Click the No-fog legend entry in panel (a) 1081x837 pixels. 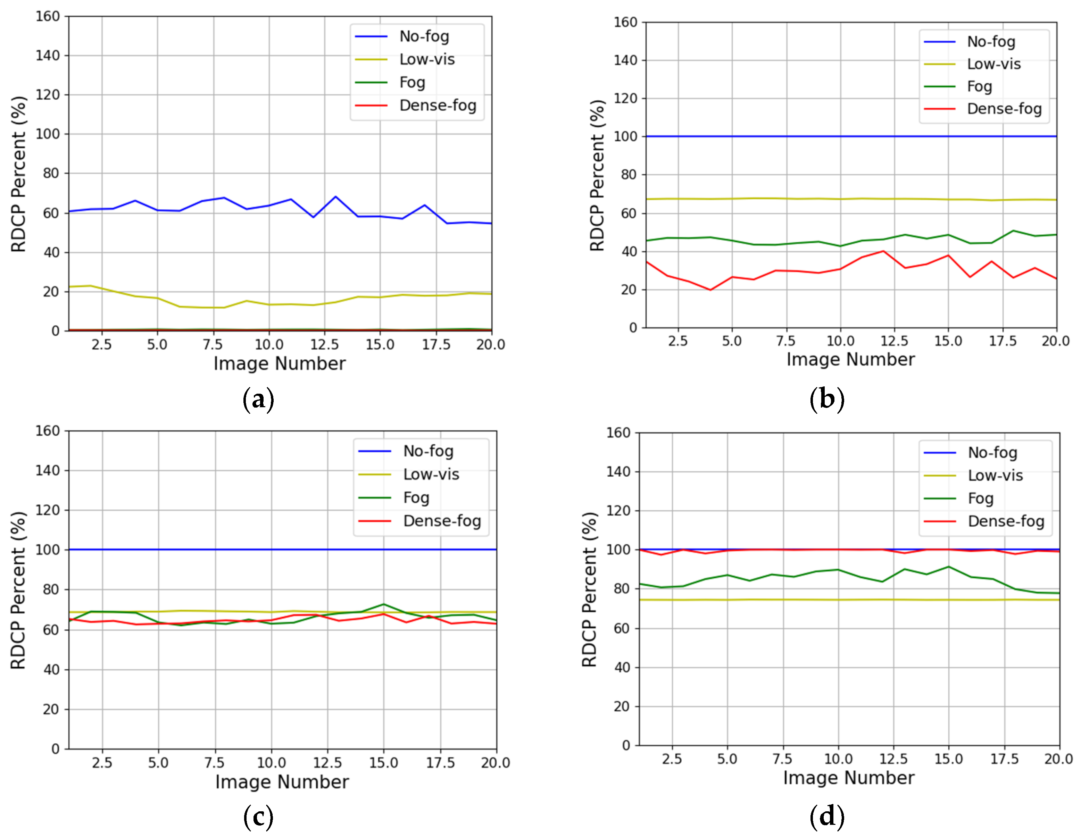click(x=424, y=36)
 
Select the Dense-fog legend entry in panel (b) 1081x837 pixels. click(x=1004, y=108)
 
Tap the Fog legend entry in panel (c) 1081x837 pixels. click(x=416, y=497)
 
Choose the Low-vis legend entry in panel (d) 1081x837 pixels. click(x=995, y=475)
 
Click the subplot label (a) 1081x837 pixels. click(x=258, y=399)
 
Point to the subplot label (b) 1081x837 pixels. click(x=826, y=399)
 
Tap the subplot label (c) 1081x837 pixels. click(x=258, y=817)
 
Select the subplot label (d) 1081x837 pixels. click(x=826, y=817)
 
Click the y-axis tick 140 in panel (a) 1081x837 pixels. click(x=48, y=56)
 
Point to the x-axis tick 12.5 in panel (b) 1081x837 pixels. click(x=894, y=341)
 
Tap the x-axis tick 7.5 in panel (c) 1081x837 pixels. click(x=214, y=763)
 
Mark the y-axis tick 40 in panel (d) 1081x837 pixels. click(x=622, y=667)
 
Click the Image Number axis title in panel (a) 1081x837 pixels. click(x=280, y=364)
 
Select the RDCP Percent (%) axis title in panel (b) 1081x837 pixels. click(x=597, y=175)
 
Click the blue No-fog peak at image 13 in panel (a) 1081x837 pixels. click(x=335, y=197)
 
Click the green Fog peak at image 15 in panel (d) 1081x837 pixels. click(x=948, y=567)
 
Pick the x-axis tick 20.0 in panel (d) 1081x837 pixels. click(x=1058, y=759)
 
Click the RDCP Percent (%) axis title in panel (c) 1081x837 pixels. click(x=18, y=590)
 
